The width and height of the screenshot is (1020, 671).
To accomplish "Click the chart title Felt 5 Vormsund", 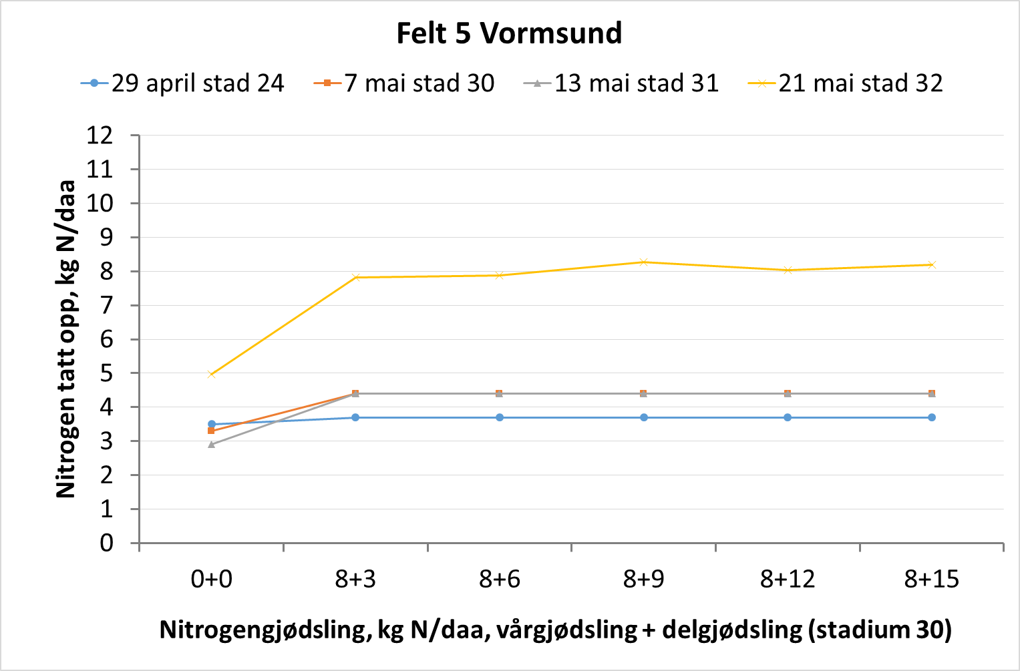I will pos(509,33).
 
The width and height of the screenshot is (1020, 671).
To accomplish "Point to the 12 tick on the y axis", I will pos(100,136).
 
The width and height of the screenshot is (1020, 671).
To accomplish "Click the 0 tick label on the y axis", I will pos(107,543).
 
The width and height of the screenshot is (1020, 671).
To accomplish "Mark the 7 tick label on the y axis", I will pos(107,306).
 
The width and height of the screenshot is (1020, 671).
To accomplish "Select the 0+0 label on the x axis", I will pos(211,579).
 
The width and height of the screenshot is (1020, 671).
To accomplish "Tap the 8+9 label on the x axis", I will pos(643,579).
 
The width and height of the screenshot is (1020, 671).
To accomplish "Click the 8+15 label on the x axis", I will pos(931,579).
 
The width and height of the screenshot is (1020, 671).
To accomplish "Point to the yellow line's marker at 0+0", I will pos(211,374).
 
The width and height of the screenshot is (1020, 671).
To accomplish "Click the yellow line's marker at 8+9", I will pos(643,262).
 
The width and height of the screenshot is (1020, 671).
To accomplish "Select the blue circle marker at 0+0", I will pos(212,424).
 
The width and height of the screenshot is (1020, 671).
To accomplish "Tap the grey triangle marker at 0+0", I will pos(211,444).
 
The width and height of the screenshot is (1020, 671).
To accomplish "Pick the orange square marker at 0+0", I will pos(211,431).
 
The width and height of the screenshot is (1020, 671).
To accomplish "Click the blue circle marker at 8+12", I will pos(788,417).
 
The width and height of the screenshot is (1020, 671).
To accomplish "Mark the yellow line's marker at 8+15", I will pos(932,264).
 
